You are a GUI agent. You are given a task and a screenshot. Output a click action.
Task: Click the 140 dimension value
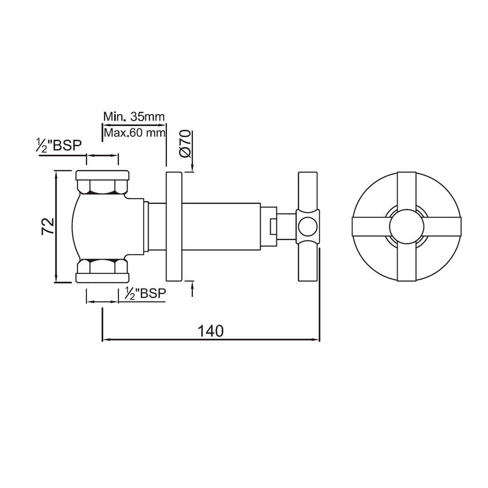coord(211,330)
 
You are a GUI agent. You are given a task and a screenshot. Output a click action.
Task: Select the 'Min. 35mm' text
coord(134,117)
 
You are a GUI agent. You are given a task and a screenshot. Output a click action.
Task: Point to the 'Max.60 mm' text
coord(134,132)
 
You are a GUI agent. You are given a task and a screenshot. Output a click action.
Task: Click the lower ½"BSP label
coord(144,293)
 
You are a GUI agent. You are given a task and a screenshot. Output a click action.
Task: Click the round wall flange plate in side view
coord(173,227)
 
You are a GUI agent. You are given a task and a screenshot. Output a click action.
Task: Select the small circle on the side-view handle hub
coord(307,226)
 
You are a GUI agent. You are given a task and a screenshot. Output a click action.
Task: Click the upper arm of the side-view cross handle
coord(307,190)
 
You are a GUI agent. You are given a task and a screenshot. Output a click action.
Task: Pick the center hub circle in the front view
coord(407,227)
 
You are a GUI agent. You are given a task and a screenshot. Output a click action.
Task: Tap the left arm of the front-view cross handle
coord(369,227)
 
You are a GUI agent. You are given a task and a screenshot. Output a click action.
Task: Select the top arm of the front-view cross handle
coord(407,190)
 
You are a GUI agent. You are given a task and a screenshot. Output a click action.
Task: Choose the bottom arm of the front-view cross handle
coord(407,264)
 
